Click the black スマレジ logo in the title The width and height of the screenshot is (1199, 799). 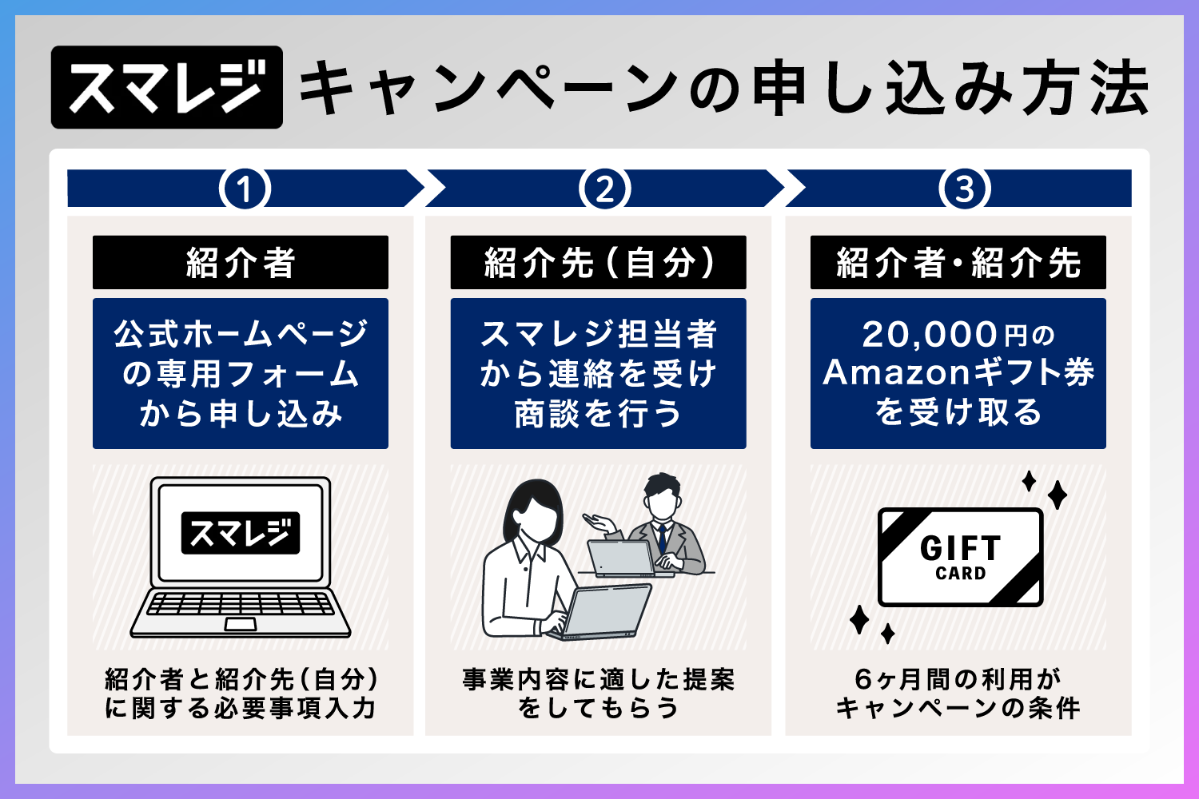point(167,87)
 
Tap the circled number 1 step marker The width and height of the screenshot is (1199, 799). point(245,189)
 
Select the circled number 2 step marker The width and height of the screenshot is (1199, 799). point(605,189)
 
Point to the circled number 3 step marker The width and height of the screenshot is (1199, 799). point(965,189)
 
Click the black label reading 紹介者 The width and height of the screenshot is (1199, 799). point(241,263)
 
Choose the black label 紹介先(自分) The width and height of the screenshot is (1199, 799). point(598,263)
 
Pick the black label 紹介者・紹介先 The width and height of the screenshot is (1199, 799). point(958,263)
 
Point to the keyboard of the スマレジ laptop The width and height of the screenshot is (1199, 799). point(240,604)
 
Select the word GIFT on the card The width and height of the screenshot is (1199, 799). point(960,548)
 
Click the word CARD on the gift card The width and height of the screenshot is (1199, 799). point(960,574)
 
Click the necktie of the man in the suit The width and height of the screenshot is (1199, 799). point(662,537)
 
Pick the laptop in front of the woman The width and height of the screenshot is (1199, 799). point(603,611)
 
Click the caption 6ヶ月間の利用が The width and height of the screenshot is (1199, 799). point(958,679)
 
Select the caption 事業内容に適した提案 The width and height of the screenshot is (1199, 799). point(598,679)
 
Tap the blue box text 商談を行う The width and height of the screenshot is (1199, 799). point(598,414)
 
